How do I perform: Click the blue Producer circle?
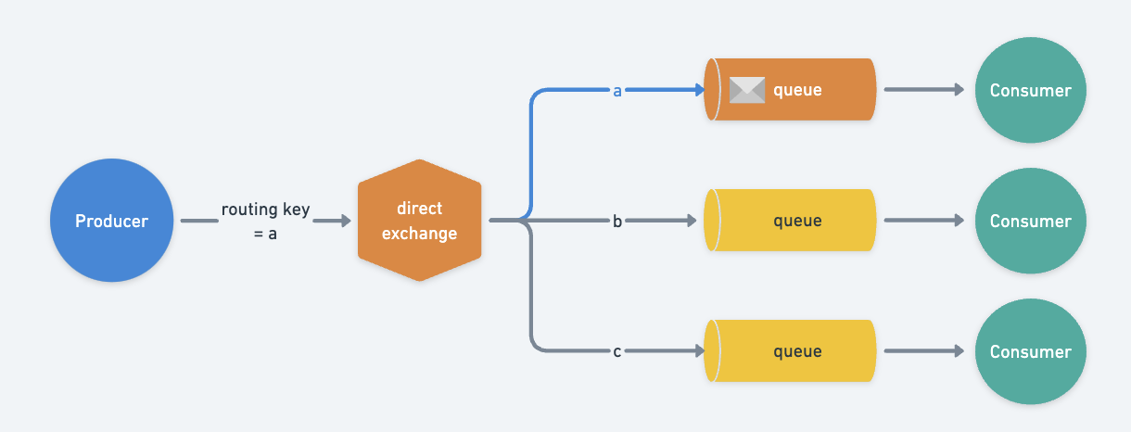point(111,221)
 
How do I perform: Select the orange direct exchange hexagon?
point(419,221)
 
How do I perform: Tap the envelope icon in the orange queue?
point(747,90)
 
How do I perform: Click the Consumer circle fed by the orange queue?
point(1030,90)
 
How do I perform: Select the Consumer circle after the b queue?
point(1030,221)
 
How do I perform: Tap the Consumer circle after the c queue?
point(1030,351)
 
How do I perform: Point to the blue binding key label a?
point(616,91)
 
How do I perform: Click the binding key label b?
point(616,222)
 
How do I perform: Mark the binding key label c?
point(616,352)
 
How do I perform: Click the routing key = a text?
point(265,222)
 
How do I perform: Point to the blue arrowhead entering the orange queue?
point(697,90)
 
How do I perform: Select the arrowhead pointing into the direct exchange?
point(345,221)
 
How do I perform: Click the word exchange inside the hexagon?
point(419,233)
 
